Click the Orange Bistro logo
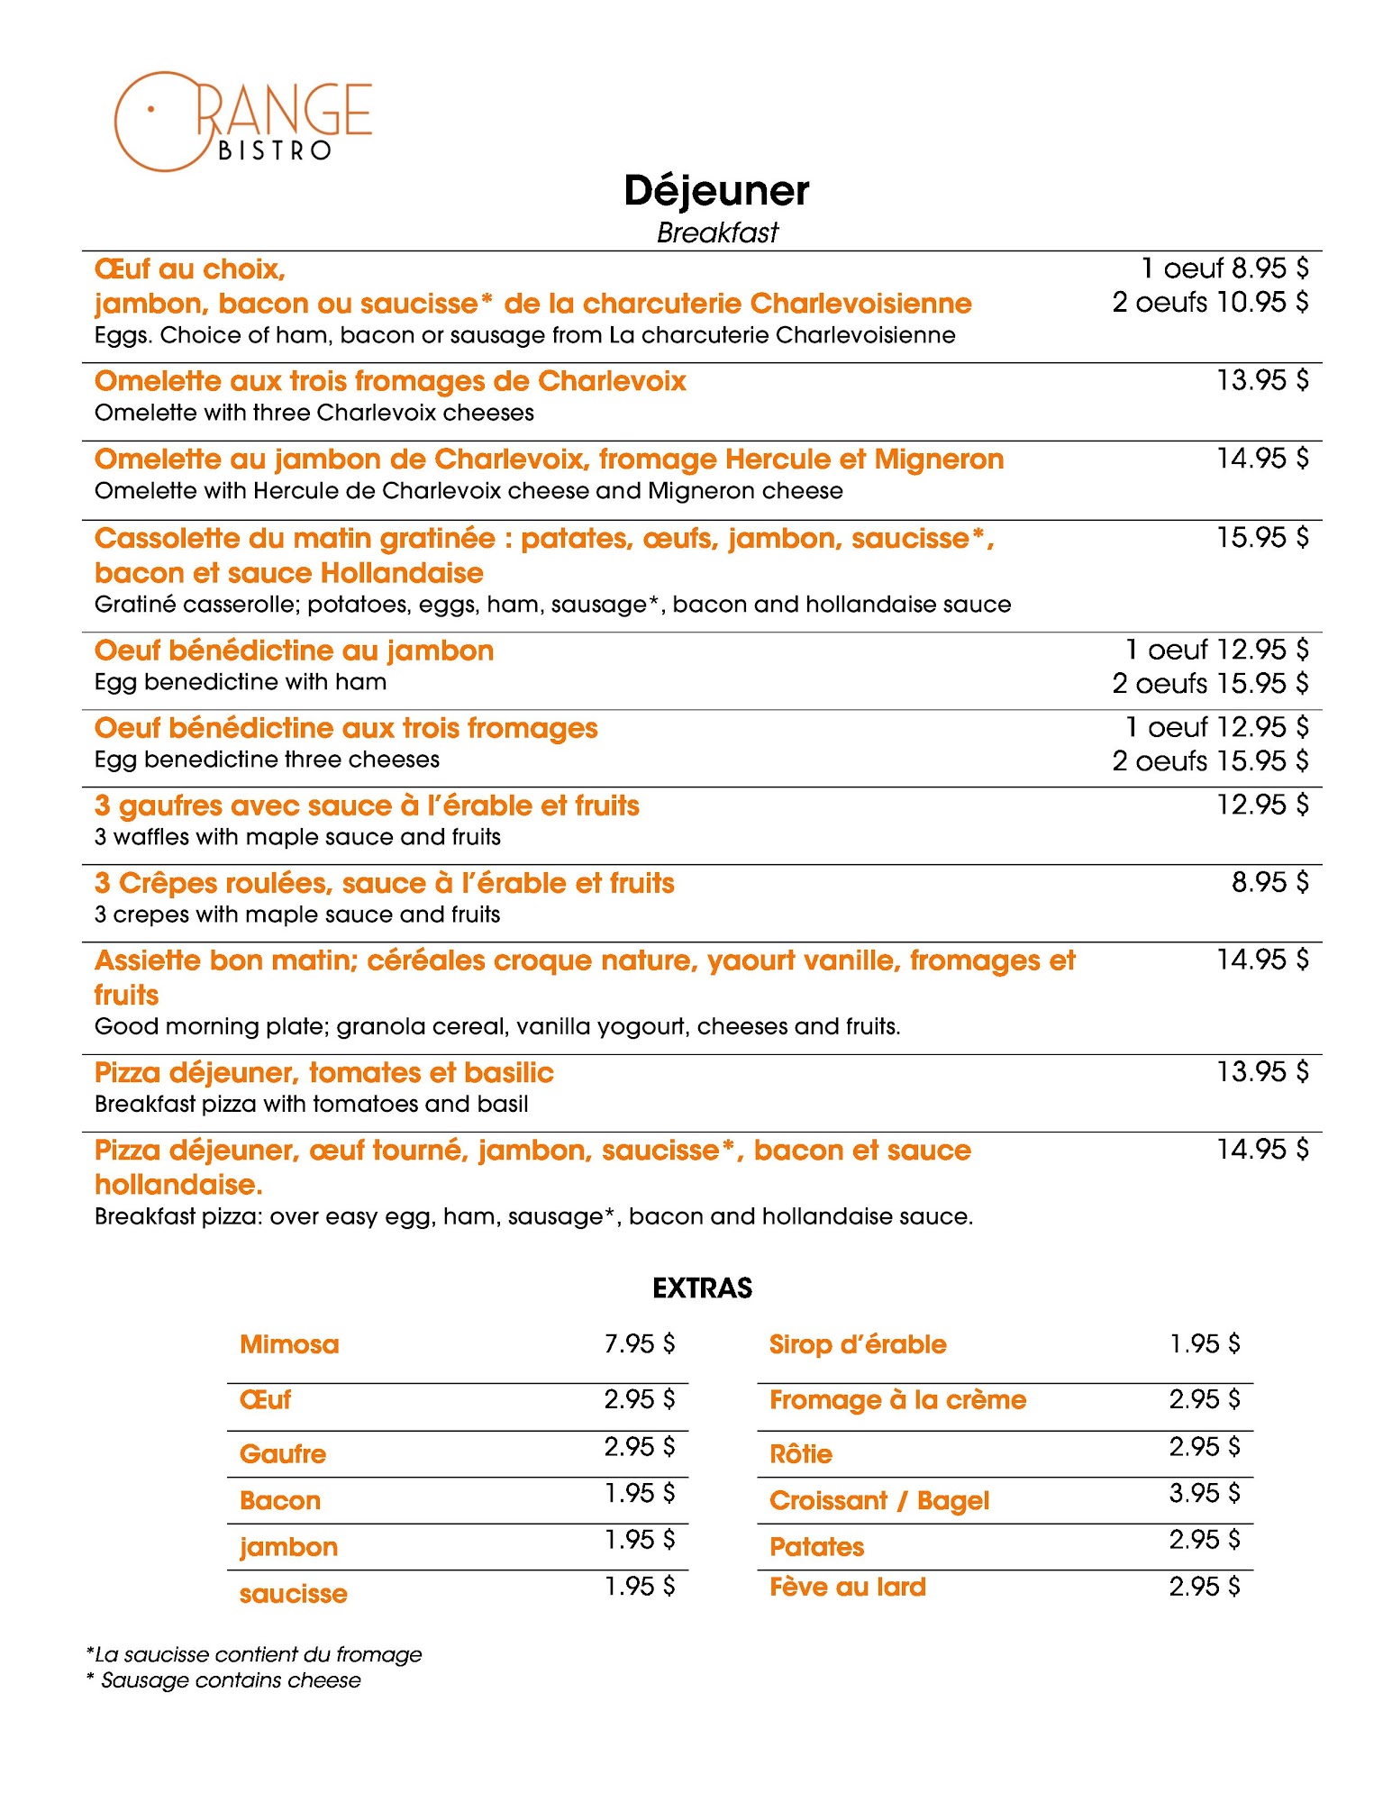(241, 121)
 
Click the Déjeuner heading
(716, 191)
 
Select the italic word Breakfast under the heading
(716, 232)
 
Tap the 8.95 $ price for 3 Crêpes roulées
(1269, 882)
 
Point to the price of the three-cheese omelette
(1261, 380)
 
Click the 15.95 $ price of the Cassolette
(1261, 538)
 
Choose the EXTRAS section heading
(702, 1288)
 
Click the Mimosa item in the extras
(289, 1344)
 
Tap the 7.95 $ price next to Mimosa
(639, 1343)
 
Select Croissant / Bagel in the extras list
(878, 1500)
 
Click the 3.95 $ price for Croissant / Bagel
(1204, 1493)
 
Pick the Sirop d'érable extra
(857, 1344)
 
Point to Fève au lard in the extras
(847, 1587)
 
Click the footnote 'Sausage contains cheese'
(231, 1680)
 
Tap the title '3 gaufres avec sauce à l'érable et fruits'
(367, 805)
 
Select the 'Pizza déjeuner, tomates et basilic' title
(323, 1072)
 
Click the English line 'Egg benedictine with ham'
(241, 682)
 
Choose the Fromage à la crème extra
(897, 1399)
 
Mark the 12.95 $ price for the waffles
(1261, 805)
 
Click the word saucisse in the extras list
(293, 1594)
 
